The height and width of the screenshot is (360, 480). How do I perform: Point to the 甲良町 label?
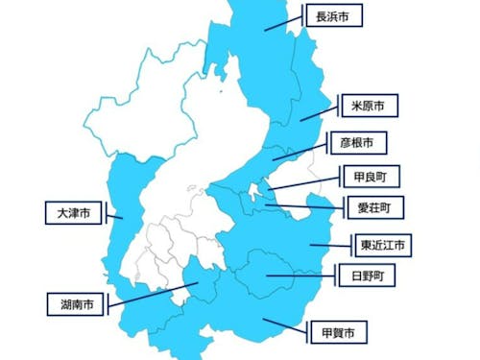370,176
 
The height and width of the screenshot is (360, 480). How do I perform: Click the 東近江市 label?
382,245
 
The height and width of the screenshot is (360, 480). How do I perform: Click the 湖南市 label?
76,305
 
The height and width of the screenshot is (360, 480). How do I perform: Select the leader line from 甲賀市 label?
284,326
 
